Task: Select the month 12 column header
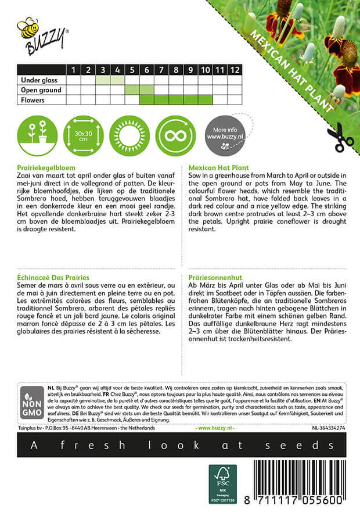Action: click(x=234, y=70)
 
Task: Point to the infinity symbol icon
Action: click(x=176, y=135)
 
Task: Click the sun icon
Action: click(x=129, y=135)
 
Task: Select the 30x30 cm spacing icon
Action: click(x=83, y=135)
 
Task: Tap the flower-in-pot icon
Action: click(x=37, y=135)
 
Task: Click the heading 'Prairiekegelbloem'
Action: click(x=48, y=166)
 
